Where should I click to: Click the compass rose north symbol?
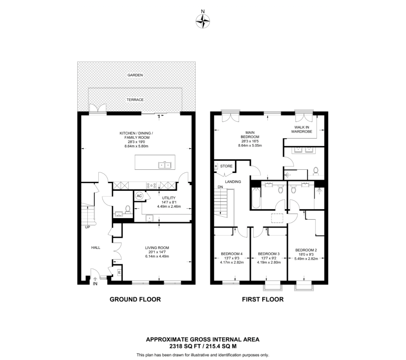pos(203,21)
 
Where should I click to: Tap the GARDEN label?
pos(135,75)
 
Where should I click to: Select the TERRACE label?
pos(135,100)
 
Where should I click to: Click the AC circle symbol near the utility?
pos(139,196)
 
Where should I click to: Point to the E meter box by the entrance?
pos(119,273)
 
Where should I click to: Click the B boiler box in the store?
pos(216,166)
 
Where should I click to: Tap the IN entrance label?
pos(95,284)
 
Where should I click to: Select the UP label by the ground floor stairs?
pos(87,227)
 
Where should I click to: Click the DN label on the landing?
pos(220,187)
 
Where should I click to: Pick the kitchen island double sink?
pos(165,165)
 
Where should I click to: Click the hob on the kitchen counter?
pos(151,186)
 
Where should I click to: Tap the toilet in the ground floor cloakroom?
pos(127,209)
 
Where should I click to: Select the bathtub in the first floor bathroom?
pos(256,198)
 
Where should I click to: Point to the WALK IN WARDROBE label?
pos(302,130)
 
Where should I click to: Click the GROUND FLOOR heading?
pos(135,299)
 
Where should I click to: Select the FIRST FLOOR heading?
pos(263,299)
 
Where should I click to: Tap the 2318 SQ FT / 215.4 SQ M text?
pos(203,346)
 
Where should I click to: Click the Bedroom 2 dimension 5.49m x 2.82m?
pos(306,258)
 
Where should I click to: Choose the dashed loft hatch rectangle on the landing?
pos(277,218)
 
